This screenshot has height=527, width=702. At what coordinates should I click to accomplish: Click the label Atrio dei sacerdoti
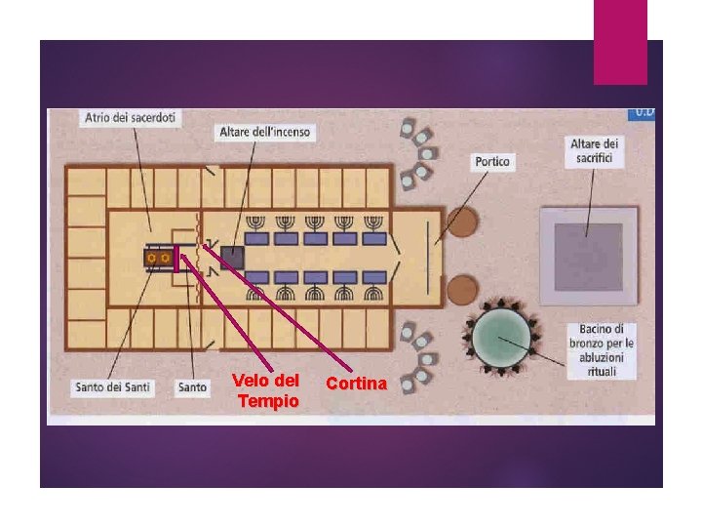click(131, 118)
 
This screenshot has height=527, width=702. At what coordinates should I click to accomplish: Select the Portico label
click(492, 161)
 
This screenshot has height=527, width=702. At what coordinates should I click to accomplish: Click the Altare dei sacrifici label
click(594, 152)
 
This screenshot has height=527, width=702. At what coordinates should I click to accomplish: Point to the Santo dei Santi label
click(112, 387)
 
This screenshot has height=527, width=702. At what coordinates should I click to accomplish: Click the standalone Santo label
click(192, 387)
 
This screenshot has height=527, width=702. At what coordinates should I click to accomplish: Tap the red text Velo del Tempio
click(266, 390)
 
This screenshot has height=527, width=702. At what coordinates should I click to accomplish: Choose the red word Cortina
click(356, 384)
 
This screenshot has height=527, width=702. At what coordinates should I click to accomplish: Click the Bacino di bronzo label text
click(601, 350)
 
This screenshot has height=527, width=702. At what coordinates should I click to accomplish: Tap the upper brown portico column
click(462, 223)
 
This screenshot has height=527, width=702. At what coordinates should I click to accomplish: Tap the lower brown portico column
click(462, 289)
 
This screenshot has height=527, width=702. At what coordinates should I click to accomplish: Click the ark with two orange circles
click(158, 258)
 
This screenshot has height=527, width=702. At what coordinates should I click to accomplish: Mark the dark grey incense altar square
click(231, 258)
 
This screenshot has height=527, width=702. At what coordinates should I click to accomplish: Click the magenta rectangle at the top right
click(620, 41)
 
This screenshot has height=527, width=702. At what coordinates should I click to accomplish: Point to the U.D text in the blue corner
click(644, 112)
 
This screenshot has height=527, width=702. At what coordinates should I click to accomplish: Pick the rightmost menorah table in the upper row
click(375, 237)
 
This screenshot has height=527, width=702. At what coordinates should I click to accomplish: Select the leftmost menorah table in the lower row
click(257, 277)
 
